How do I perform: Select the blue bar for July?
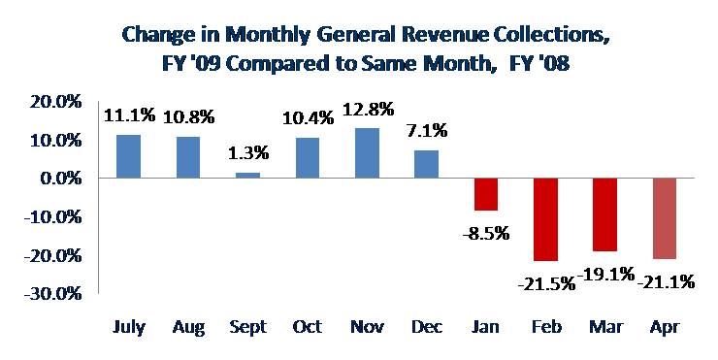(x=129, y=156)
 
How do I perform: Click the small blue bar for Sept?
(x=247, y=175)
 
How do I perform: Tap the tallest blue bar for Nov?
(x=367, y=153)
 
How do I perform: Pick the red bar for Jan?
(x=486, y=194)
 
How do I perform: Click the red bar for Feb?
(x=545, y=219)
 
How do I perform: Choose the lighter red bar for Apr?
(x=665, y=218)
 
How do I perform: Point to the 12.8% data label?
(x=369, y=110)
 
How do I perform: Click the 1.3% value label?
(x=248, y=152)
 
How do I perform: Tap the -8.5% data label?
(x=486, y=234)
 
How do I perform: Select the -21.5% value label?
(x=546, y=284)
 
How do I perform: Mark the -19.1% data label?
(x=606, y=275)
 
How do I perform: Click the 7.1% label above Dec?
(x=427, y=131)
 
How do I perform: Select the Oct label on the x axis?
(x=308, y=327)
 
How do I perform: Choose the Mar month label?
(x=605, y=327)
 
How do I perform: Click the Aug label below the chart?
(x=188, y=327)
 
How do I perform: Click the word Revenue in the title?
(x=434, y=35)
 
